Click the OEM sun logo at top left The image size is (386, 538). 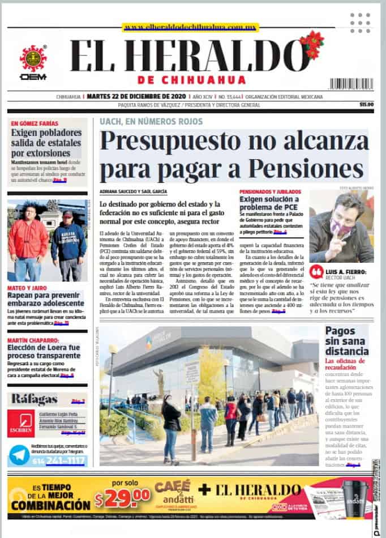(33, 58)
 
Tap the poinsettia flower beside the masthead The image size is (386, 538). (312, 44)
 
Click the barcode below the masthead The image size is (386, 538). (351, 84)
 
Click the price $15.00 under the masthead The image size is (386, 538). (367, 105)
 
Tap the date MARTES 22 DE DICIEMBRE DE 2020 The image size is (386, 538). (138, 96)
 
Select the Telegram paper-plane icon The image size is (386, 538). (20, 455)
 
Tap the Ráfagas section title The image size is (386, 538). (35, 399)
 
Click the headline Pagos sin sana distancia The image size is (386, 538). (346, 341)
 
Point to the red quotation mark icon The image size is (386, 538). (317, 271)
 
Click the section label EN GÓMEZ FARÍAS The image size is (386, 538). (34, 123)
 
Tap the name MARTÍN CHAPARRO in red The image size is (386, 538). (32, 339)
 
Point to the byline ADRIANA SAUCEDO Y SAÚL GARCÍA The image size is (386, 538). (132, 192)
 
